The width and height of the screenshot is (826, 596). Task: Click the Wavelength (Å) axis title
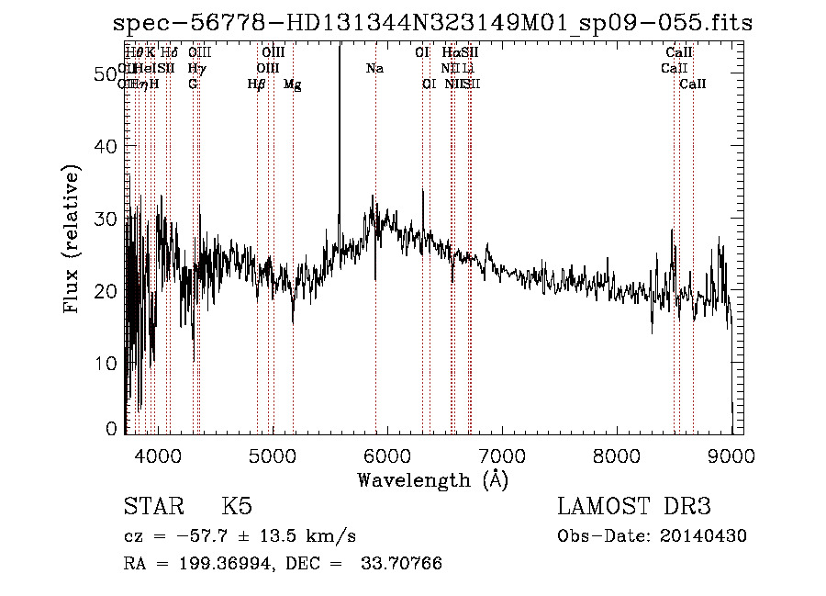[x=432, y=478]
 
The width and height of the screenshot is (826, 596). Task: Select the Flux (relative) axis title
[x=73, y=239]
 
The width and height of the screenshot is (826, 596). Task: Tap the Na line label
[x=374, y=69]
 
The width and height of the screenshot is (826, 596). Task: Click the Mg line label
[x=292, y=84]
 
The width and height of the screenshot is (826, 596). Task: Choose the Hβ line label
[x=256, y=84]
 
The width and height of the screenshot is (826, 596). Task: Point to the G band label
[x=193, y=84]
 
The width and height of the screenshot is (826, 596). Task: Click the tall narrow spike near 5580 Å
[x=340, y=138]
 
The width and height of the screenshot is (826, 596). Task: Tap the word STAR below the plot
[x=152, y=507]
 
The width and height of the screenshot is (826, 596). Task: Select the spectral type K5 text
[x=236, y=507]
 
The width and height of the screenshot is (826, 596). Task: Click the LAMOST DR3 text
[x=634, y=507]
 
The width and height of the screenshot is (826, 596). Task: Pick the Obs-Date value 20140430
[x=706, y=536]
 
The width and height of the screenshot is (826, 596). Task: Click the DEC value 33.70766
[x=409, y=564]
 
